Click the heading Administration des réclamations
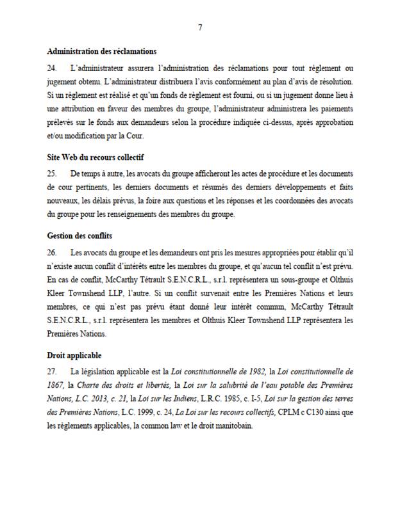[102, 51]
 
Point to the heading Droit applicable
[74, 355]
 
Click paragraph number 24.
[52, 67]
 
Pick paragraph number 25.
[52, 174]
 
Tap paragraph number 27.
[52, 372]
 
